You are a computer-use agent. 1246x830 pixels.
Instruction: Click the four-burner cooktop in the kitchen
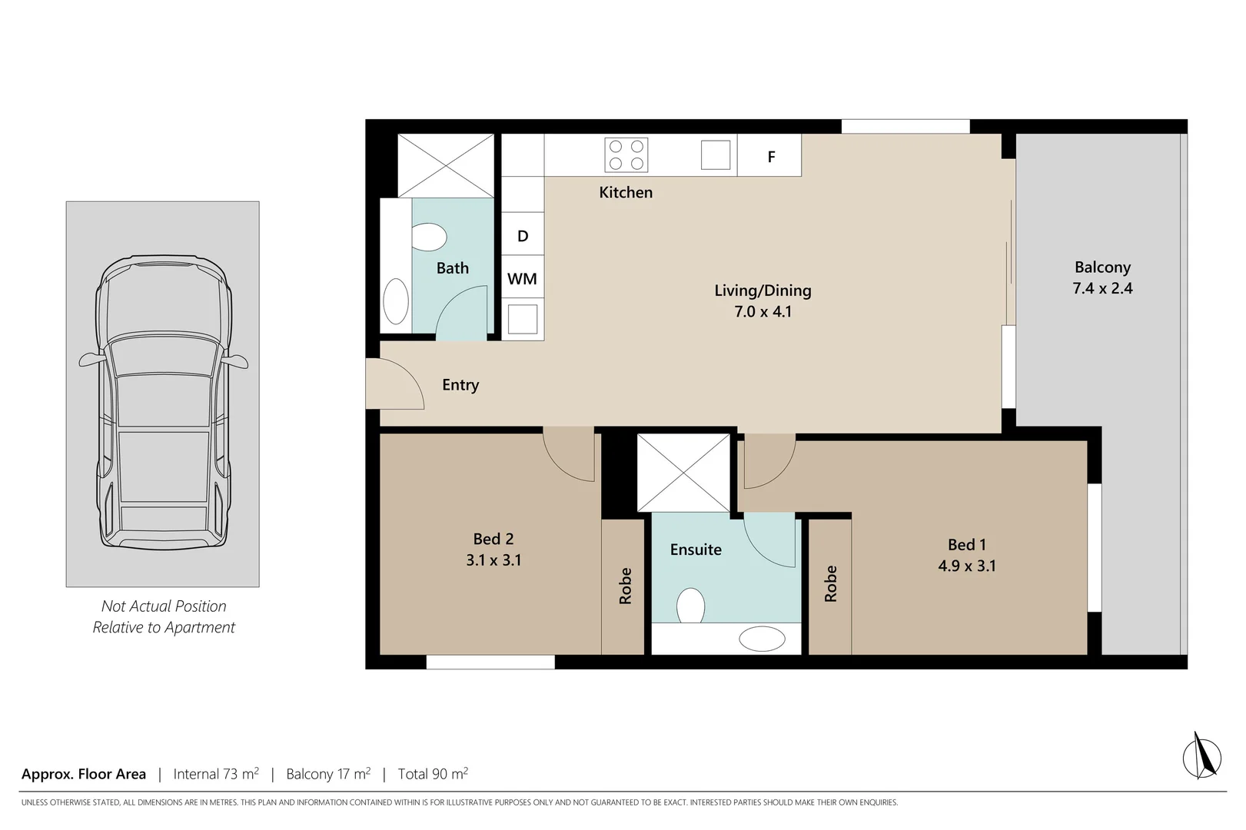click(626, 154)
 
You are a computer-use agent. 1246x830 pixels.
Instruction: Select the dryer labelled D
click(523, 235)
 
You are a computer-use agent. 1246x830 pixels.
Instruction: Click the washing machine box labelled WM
click(523, 278)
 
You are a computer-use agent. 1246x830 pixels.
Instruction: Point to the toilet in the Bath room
click(428, 237)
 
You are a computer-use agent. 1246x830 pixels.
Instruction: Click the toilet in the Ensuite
click(690, 606)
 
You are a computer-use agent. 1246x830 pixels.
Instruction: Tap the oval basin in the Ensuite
click(762, 639)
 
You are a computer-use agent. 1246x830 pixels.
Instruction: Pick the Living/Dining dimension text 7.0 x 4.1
click(763, 311)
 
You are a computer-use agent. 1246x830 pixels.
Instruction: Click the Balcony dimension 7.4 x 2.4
click(1102, 288)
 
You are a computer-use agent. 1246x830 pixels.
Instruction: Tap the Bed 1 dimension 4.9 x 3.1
click(966, 566)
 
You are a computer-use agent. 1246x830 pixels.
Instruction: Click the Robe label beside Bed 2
click(625, 586)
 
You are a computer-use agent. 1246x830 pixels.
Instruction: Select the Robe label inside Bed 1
click(830, 583)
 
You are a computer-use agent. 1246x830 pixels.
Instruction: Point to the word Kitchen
click(626, 192)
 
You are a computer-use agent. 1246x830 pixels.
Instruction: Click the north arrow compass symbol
click(1201, 756)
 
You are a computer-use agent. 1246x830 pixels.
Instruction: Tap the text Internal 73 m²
click(216, 774)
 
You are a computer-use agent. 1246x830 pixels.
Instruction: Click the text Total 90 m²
click(433, 774)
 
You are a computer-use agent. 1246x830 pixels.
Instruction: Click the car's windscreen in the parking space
click(163, 357)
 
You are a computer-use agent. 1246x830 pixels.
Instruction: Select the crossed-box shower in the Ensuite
click(683, 473)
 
